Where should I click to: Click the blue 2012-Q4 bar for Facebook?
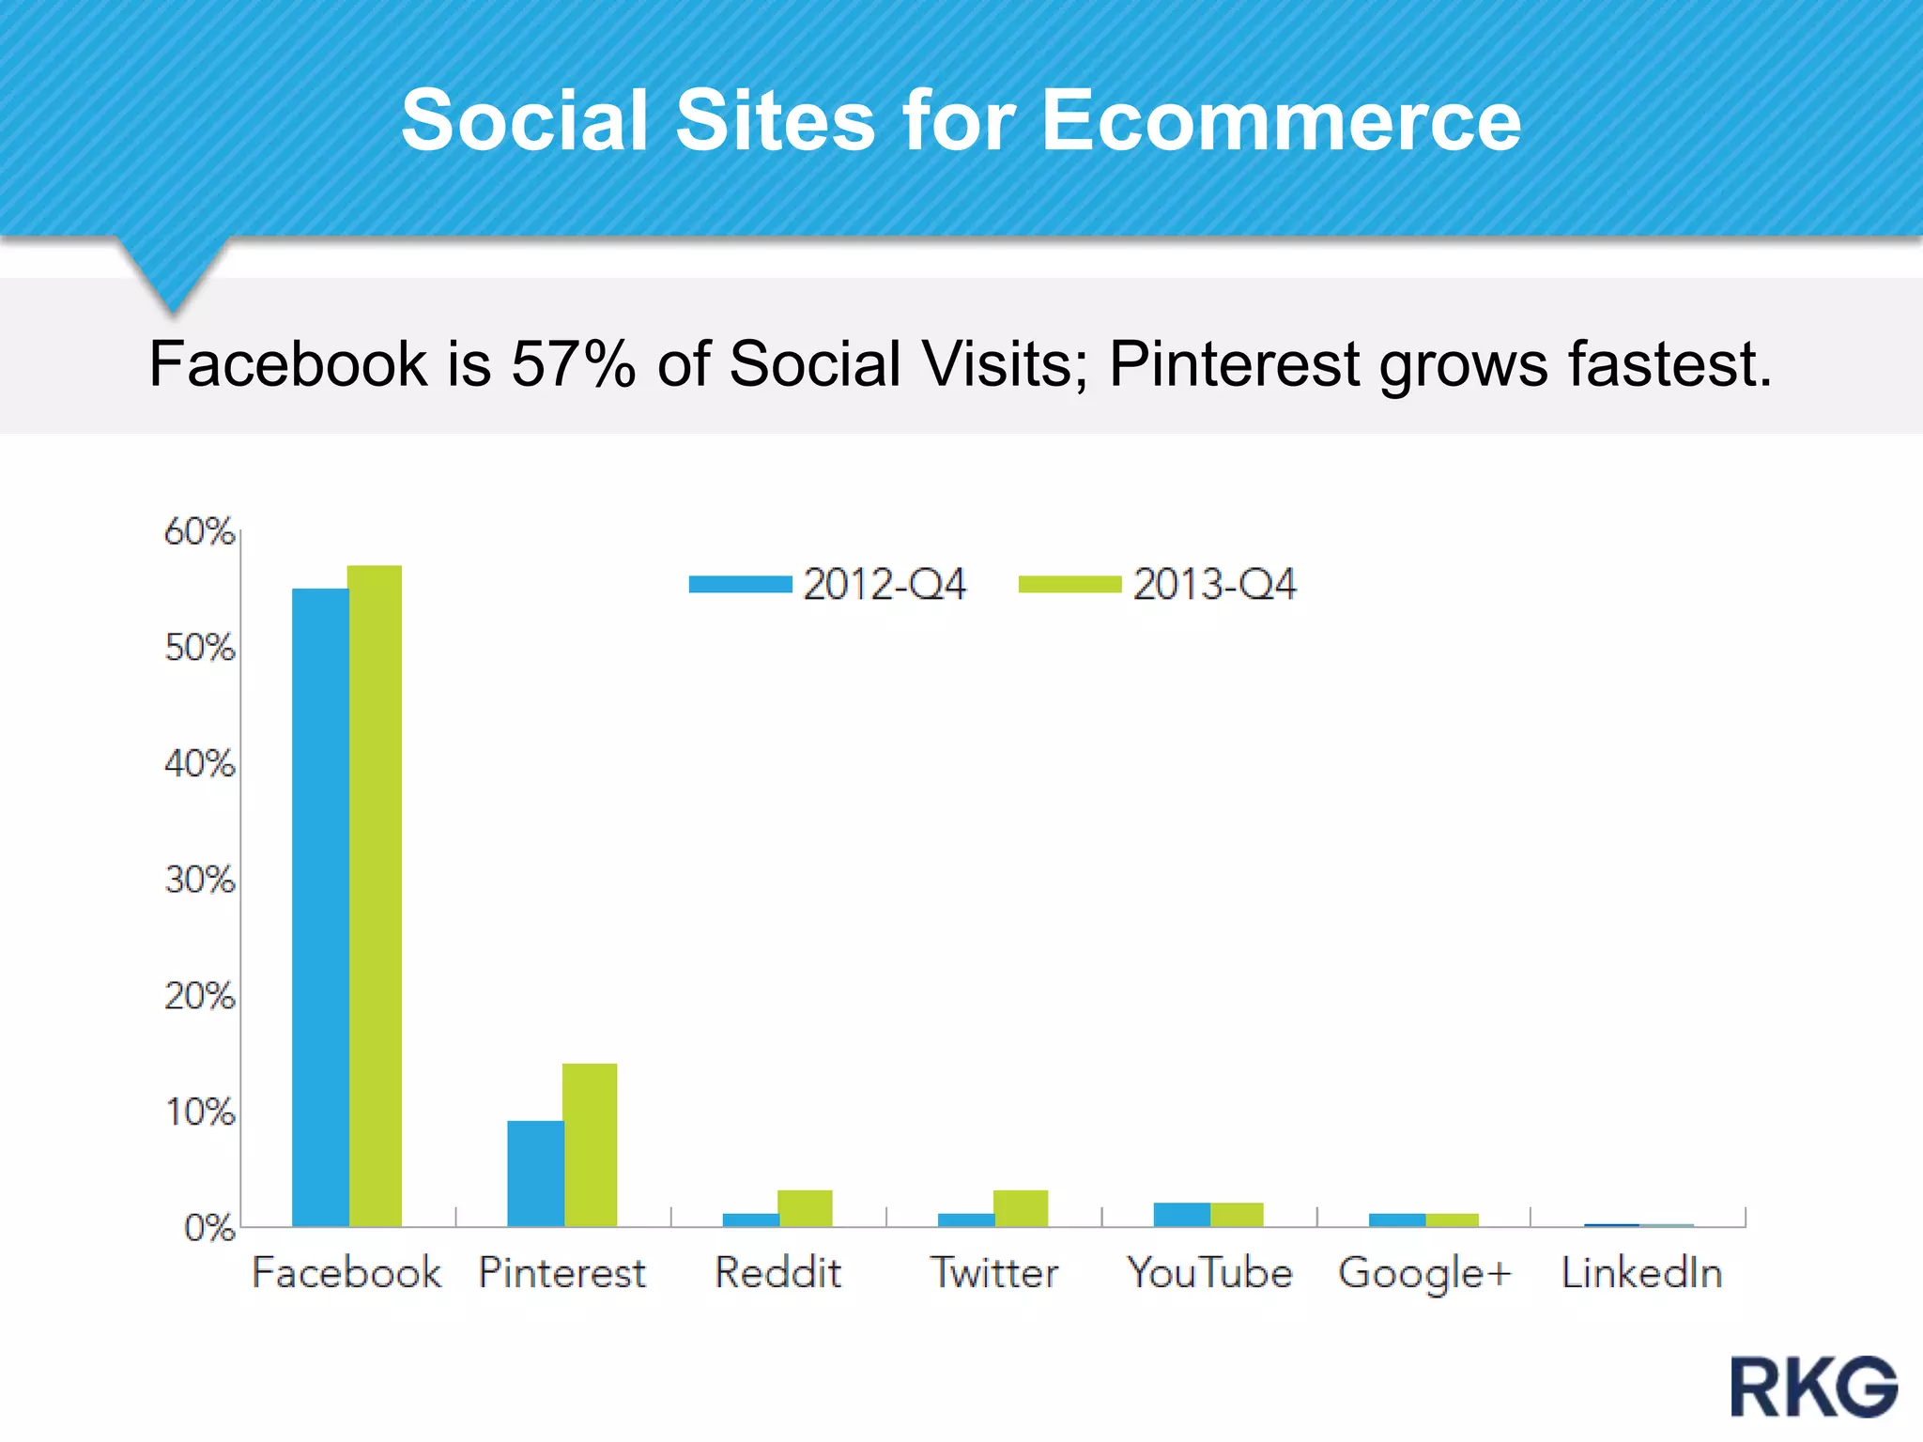click(x=320, y=906)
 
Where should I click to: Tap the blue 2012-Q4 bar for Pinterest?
click(x=535, y=1173)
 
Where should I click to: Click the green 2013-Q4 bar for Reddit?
click(x=805, y=1207)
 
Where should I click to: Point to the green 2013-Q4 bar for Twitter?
click(x=1021, y=1207)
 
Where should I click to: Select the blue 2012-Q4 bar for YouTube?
click(x=1181, y=1214)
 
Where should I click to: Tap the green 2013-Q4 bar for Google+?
click(x=1452, y=1220)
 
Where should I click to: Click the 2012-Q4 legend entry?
click(x=827, y=584)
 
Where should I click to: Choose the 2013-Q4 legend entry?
click(x=1158, y=584)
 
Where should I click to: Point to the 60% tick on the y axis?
click(x=199, y=531)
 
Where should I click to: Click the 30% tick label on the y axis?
click(x=199, y=880)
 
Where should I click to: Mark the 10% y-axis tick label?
click(x=199, y=1112)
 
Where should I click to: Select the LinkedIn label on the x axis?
click(x=1640, y=1273)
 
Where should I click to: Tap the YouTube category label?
click(x=1209, y=1273)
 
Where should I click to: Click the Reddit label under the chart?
click(x=777, y=1273)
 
